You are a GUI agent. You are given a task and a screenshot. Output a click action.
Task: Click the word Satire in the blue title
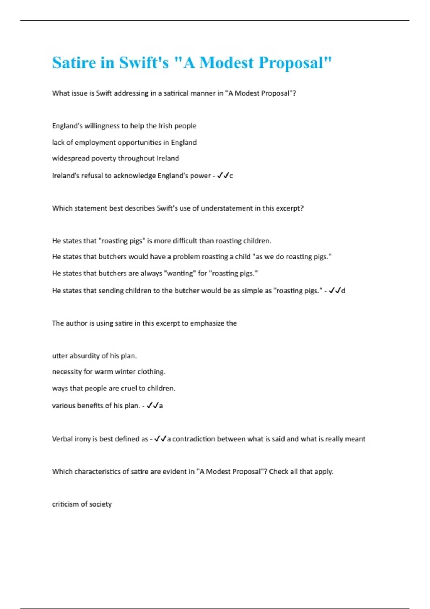point(74,63)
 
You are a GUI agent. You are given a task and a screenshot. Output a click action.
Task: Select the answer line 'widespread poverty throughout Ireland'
point(115,158)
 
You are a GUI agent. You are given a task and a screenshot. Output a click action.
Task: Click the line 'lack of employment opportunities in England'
point(124,142)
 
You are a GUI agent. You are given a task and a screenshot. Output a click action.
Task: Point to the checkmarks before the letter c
point(223,176)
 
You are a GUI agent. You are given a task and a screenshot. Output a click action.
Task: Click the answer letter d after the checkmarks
point(343,291)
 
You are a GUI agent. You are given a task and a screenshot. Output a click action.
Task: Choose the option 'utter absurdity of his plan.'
point(94,356)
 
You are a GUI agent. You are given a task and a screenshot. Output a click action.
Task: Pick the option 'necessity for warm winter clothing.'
point(109,372)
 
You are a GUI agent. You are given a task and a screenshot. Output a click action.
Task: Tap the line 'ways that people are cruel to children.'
point(114,388)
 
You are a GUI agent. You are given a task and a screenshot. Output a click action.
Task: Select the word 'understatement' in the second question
point(226,208)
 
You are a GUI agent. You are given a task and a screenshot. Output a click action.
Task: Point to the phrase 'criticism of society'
point(82,504)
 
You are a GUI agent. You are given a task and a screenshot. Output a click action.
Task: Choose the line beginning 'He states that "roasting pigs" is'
point(161,241)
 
